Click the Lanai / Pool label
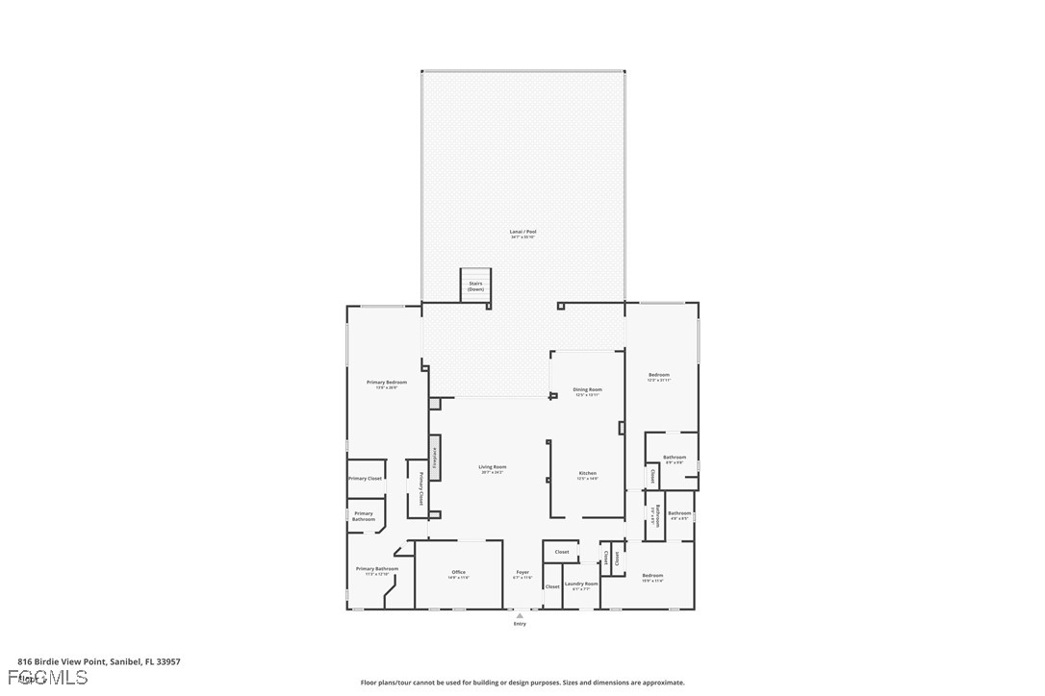pos(522,232)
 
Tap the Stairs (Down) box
pos(475,286)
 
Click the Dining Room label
pos(587,389)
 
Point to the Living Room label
pos(493,467)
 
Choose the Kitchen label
pos(587,473)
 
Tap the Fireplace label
pos(435,458)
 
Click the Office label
pos(459,573)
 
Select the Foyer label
pos(522,573)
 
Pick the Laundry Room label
pos(581,584)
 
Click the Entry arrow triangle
pos(520,615)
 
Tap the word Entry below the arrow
pos(520,624)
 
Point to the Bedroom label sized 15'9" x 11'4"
pos(652,576)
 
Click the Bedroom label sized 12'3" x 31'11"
pos(659,375)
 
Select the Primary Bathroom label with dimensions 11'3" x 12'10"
pos(377,569)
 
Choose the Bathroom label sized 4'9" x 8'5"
pos(680,513)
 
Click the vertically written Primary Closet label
pos(421,488)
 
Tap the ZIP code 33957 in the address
pos(167,661)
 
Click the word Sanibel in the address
pos(124,661)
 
